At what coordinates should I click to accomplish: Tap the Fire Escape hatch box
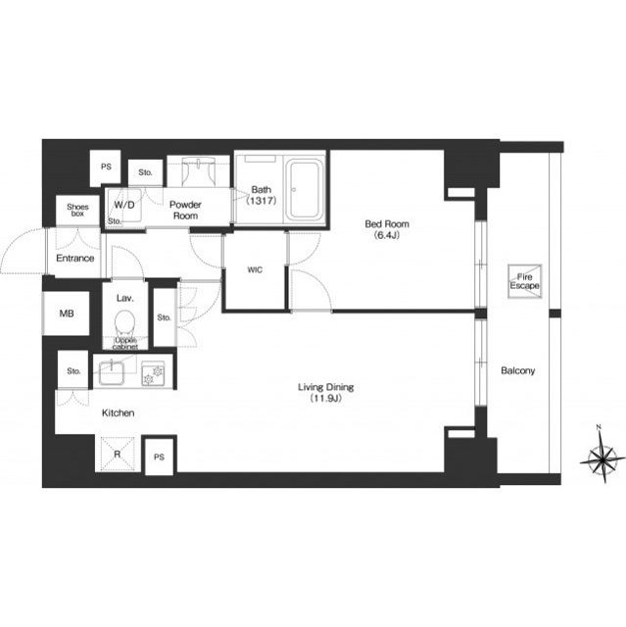pyautogui.click(x=524, y=281)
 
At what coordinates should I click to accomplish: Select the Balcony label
pyautogui.click(x=517, y=370)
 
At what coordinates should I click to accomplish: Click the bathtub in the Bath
pyautogui.click(x=306, y=190)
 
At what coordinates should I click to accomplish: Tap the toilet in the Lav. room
pyautogui.click(x=124, y=323)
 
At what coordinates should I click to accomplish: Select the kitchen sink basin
pyautogui.click(x=111, y=372)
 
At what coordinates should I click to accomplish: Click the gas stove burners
pyautogui.click(x=153, y=374)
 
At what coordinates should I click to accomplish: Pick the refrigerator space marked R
pyautogui.click(x=118, y=455)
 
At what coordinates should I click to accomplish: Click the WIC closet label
pyautogui.click(x=255, y=270)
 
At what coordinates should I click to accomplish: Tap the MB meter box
pyautogui.click(x=67, y=313)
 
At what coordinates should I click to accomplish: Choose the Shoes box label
pyautogui.click(x=77, y=210)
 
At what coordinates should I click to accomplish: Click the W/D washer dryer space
pyautogui.click(x=124, y=205)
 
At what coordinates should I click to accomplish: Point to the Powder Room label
pyautogui.click(x=185, y=210)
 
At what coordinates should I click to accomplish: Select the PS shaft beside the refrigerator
pyautogui.click(x=159, y=457)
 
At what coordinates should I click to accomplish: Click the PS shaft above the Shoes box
pyautogui.click(x=106, y=167)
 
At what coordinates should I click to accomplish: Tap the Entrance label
pyautogui.click(x=75, y=258)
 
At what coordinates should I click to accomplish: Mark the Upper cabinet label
pyautogui.click(x=125, y=343)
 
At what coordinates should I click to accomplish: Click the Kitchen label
pyautogui.click(x=118, y=412)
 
